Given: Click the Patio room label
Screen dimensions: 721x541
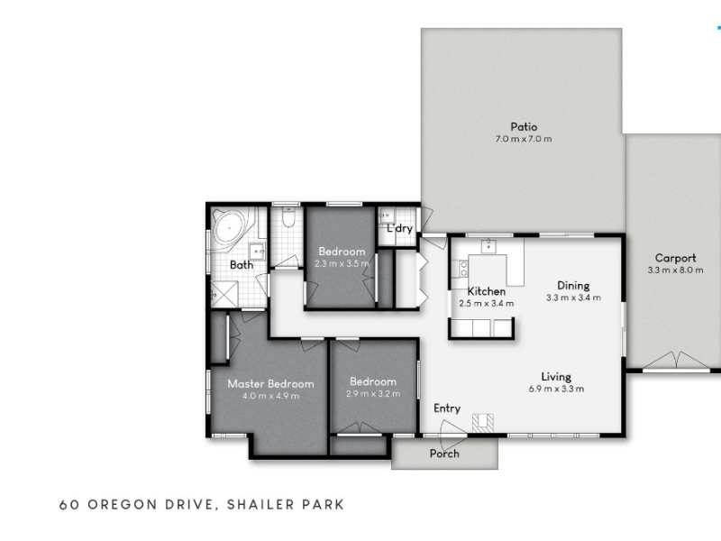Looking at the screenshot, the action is click(x=524, y=126).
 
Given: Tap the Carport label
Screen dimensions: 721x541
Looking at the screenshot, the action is click(x=675, y=258).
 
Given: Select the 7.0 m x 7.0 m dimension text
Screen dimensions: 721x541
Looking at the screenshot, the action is click(x=524, y=139).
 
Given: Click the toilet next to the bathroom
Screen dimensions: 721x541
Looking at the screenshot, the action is click(x=288, y=218).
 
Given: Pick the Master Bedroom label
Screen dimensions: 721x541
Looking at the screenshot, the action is click(x=271, y=384).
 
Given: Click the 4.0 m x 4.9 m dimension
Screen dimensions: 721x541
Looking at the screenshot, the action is click(x=271, y=396).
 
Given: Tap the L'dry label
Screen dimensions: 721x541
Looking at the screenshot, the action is click(x=399, y=228).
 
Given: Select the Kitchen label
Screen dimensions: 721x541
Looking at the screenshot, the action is click(x=487, y=291).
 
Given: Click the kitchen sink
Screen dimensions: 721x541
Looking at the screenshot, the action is click(x=488, y=246).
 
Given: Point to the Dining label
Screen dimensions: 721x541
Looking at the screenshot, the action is click(x=573, y=285).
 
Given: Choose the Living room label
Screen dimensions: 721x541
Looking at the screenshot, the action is click(x=556, y=377).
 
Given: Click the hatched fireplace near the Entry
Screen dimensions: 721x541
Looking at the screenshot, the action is click(x=483, y=423).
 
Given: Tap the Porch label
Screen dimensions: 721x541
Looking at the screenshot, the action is click(x=444, y=454).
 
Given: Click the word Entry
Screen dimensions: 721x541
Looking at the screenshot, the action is click(x=447, y=408).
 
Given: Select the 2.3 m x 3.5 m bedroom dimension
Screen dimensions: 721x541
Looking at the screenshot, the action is click(x=342, y=264).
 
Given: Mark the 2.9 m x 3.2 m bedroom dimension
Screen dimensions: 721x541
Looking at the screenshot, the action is click(x=373, y=394).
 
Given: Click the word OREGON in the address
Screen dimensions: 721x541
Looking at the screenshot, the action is click(x=123, y=505).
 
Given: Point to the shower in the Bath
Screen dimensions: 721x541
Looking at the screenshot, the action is click(x=224, y=295).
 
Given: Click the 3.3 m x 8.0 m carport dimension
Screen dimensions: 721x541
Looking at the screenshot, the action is click(x=675, y=270).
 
